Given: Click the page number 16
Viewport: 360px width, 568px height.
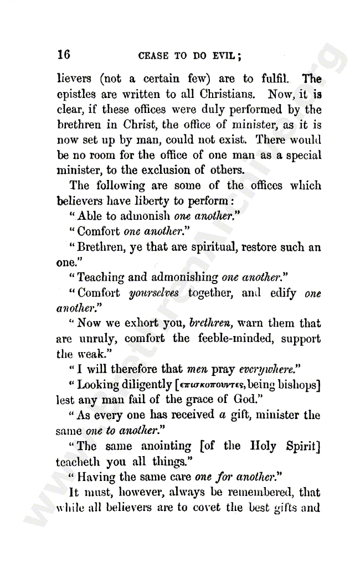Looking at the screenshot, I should (x=64, y=54).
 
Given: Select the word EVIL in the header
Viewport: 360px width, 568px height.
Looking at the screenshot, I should (x=225, y=55).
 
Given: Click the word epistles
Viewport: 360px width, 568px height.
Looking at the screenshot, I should (x=76, y=95).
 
